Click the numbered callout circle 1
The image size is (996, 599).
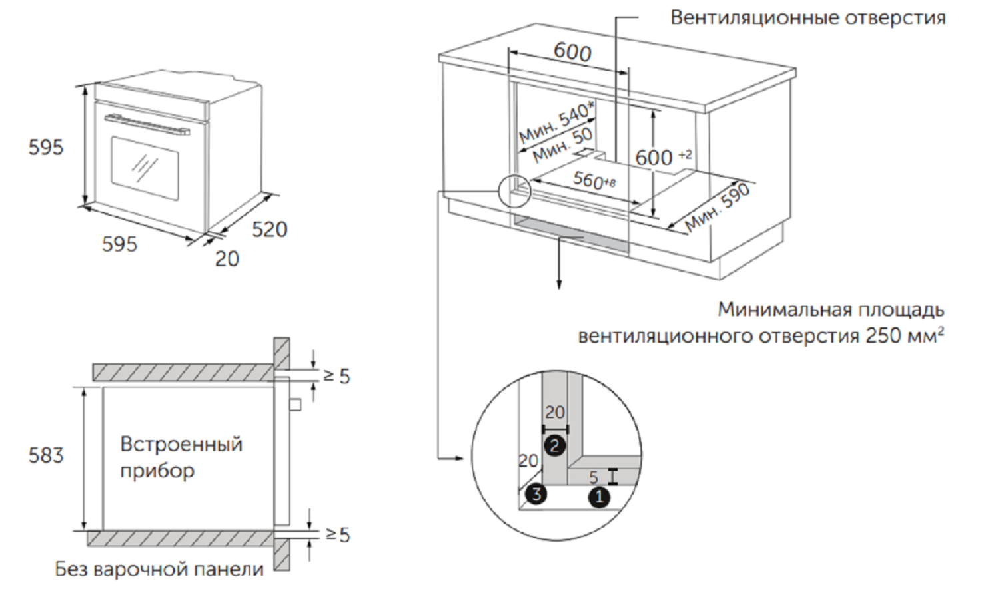[599, 496]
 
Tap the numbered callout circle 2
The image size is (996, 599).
[555, 445]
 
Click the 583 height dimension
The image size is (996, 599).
[46, 455]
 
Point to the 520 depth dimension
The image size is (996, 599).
[270, 230]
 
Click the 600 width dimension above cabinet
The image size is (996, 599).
[572, 51]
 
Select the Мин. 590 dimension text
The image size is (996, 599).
[718, 208]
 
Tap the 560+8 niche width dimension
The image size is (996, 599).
[594, 180]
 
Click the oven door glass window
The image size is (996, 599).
[145, 168]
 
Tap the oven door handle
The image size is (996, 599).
[147, 124]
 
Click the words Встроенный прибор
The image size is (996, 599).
[181, 457]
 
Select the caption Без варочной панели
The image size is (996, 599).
[159, 570]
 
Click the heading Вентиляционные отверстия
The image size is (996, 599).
[807, 17]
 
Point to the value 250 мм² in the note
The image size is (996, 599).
[905, 335]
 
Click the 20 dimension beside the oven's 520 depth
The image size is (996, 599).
[227, 258]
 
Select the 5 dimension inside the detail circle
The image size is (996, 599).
[594, 477]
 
